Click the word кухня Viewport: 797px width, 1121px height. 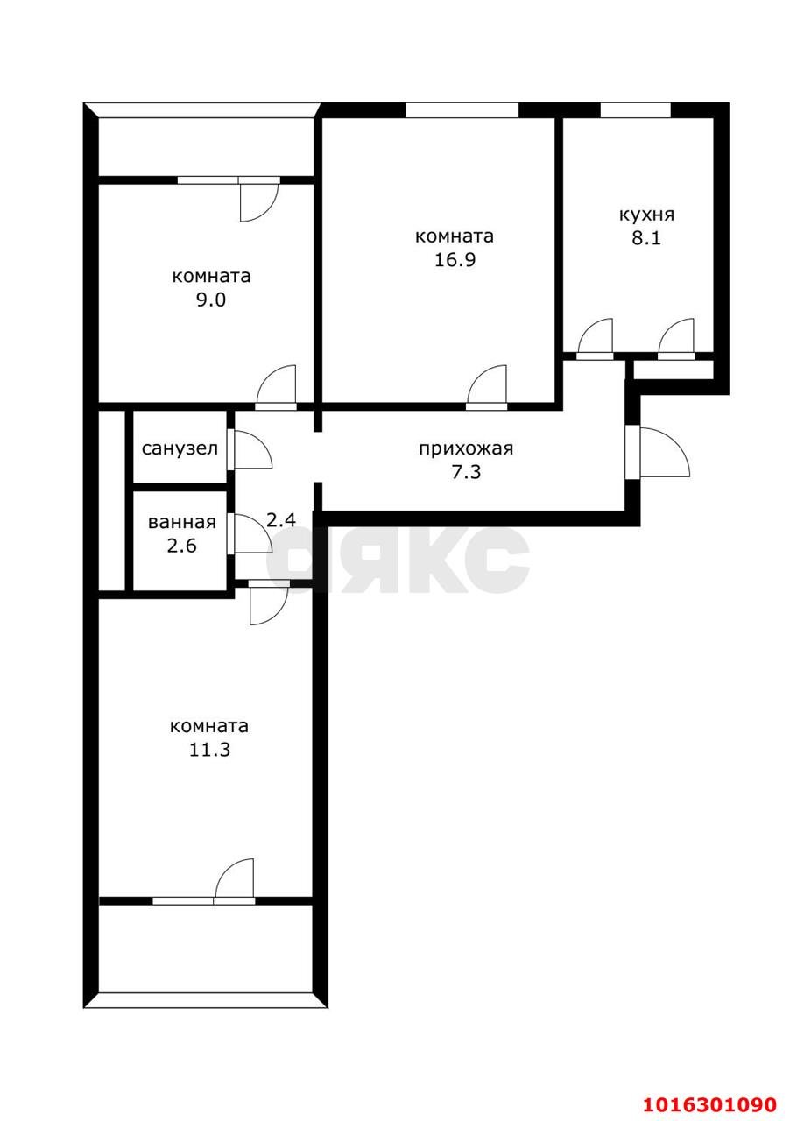[646, 215]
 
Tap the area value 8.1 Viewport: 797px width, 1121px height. [646, 237]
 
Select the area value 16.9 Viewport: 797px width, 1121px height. [454, 260]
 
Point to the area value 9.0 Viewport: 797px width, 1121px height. [211, 300]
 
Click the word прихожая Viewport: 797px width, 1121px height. [466, 449]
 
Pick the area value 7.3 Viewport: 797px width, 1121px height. [466, 472]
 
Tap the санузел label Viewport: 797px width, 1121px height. [180, 448]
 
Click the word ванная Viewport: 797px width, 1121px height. [181, 523]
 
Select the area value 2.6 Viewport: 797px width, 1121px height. [181, 546]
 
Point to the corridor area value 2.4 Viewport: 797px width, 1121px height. [281, 520]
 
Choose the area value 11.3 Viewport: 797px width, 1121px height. [209, 750]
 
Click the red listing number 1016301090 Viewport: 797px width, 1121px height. [710, 1103]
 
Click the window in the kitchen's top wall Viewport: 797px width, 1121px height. [635, 110]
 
